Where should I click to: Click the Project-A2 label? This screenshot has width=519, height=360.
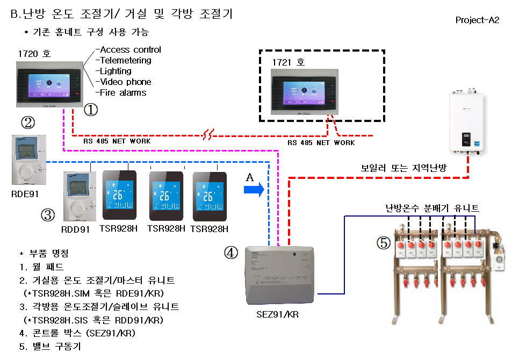point(477,20)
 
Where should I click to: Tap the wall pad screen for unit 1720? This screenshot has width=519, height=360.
point(48,84)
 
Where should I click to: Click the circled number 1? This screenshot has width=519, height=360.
point(91,110)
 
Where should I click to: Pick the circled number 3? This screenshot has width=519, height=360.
point(48,215)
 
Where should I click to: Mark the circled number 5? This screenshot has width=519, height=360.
point(383,243)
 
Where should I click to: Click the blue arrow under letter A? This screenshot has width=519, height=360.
point(253,189)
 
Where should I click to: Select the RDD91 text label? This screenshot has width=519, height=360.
point(75,229)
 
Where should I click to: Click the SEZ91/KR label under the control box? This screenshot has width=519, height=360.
point(278,314)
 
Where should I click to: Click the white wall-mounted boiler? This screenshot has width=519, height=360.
point(465,123)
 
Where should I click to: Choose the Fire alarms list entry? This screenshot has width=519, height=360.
point(121,92)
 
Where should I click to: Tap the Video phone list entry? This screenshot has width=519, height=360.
point(124,82)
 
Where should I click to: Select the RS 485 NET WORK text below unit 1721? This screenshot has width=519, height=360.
point(321,143)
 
